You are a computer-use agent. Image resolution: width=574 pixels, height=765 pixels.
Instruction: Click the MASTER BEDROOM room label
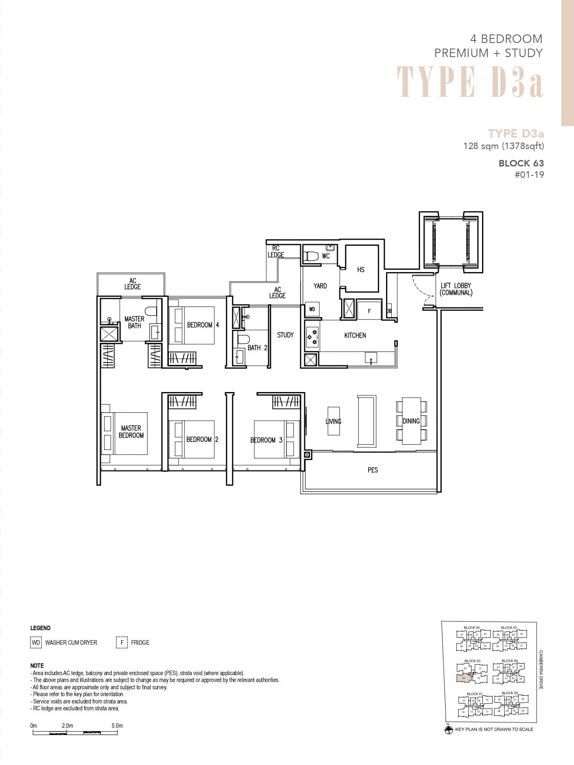pyautogui.click(x=131, y=432)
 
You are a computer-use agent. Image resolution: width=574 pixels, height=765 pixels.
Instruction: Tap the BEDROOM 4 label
pyautogui.click(x=203, y=325)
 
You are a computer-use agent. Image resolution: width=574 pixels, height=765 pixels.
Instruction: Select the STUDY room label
pyautogui.click(x=285, y=335)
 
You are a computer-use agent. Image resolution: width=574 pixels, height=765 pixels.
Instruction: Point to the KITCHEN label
pyautogui.click(x=355, y=335)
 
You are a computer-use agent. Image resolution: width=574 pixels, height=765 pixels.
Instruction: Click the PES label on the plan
pyautogui.click(x=373, y=470)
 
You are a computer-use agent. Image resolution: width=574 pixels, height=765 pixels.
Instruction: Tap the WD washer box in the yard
pyautogui.click(x=312, y=309)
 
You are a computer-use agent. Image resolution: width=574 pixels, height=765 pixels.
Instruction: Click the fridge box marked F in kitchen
pyautogui.click(x=369, y=311)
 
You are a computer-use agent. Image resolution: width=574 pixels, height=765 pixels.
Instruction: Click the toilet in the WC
pyautogui.click(x=311, y=256)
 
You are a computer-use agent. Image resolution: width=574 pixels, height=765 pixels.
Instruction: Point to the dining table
pyautogui.click(x=411, y=421)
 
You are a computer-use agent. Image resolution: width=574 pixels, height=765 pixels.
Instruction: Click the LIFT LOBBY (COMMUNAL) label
pyautogui.click(x=456, y=289)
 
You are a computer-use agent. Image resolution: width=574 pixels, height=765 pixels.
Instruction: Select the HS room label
pyautogui.click(x=361, y=270)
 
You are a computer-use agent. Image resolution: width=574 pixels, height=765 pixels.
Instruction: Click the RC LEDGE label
pyautogui.click(x=275, y=251)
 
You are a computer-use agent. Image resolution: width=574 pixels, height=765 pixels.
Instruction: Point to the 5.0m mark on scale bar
pyautogui.click(x=117, y=726)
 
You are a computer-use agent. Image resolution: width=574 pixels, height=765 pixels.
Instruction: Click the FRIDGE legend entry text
pyautogui.click(x=140, y=643)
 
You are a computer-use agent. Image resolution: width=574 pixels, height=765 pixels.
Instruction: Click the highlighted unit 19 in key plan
pyautogui.click(x=463, y=678)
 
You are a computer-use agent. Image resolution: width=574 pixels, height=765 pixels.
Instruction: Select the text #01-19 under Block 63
pyautogui.click(x=529, y=175)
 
